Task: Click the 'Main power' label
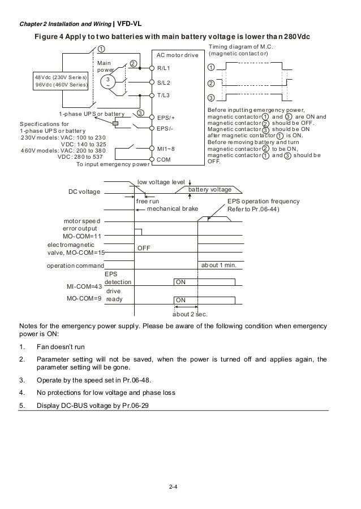click(x=105, y=67)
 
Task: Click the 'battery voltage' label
click(x=210, y=190)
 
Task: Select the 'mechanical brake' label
click(x=173, y=208)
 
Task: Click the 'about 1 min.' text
click(x=218, y=266)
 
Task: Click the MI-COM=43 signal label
click(x=84, y=287)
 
